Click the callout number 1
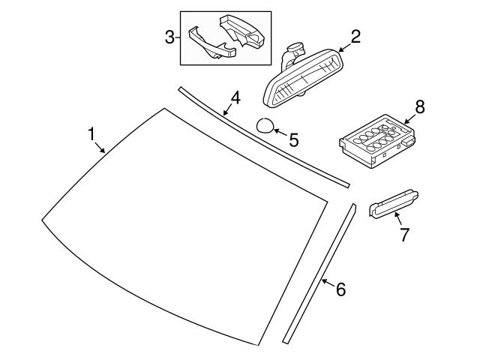[x=91, y=134]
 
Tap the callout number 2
[x=355, y=36]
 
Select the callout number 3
[x=170, y=36]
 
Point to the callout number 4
[x=235, y=97]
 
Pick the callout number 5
[x=293, y=139]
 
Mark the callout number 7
[x=404, y=235]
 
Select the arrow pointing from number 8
[x=409, y=118]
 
